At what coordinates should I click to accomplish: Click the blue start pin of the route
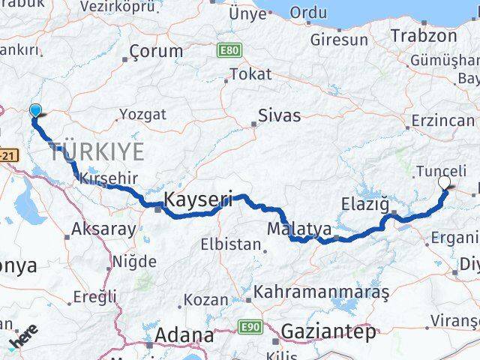pyautogui.click(x=35, y=111)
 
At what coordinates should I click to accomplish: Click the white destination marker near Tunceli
pyautogui.click(x=444, y=182)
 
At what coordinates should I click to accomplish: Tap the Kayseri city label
pyautogui.click(x=198, y=200)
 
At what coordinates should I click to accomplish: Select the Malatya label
pyautogui.click(x=298, y=226)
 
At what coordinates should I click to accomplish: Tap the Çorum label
pyautogui.click(x=156, y=51)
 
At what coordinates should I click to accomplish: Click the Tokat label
pyautogui.click(x=250, y=73)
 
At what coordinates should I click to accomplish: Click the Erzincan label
pyautogui.click(x=443, y=120)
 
